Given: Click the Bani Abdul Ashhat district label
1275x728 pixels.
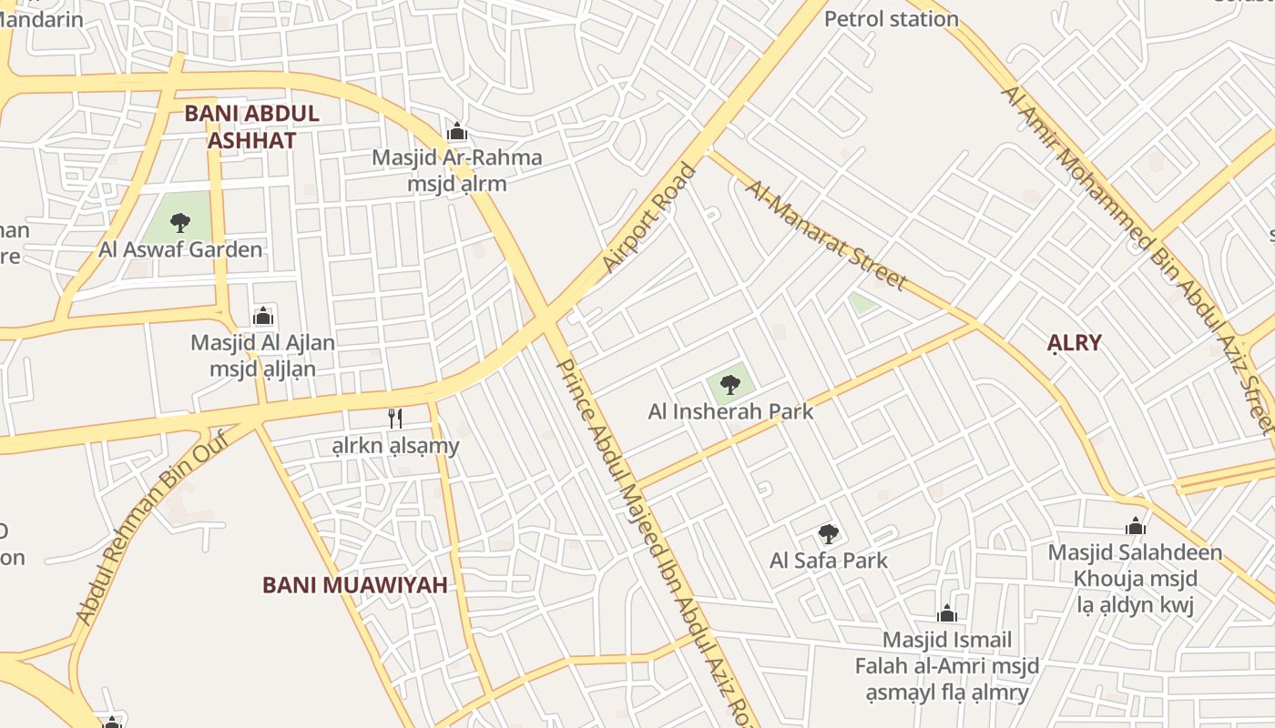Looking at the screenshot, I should coord(251,126).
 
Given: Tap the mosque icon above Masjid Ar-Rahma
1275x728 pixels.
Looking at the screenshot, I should coord(457,132).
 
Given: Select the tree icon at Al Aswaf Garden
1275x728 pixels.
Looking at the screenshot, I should coord(180,222).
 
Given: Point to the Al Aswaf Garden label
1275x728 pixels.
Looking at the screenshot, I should coord(180,249).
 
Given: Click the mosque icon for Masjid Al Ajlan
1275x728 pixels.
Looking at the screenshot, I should coord(263,317).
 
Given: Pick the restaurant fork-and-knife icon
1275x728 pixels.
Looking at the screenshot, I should coord(395,418).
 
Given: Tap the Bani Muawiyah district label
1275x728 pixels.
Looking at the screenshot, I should coord(354,585).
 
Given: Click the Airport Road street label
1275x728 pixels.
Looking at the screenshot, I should coord(648,218).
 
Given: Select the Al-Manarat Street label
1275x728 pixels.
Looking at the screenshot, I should coord(826,235).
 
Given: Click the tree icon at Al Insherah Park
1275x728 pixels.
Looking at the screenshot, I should coord(729,384).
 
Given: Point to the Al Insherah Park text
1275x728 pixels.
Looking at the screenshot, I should coord(730,411).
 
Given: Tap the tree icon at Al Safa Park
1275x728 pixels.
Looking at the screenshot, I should coord(828,534).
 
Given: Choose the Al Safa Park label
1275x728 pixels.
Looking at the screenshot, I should coord(828,561).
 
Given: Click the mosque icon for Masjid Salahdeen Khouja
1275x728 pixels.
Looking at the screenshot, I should coord(1135,527).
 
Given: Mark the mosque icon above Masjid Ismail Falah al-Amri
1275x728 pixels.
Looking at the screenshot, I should coord(947,614).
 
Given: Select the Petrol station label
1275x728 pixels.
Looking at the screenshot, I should coord(891,19).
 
